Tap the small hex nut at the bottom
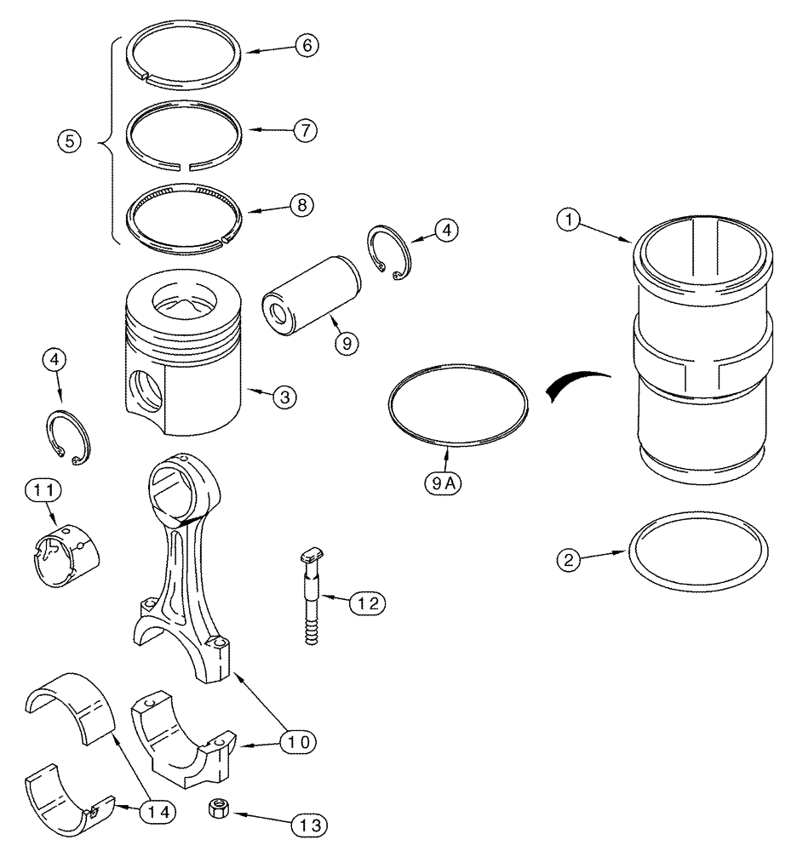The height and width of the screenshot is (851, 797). coord(216,808)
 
